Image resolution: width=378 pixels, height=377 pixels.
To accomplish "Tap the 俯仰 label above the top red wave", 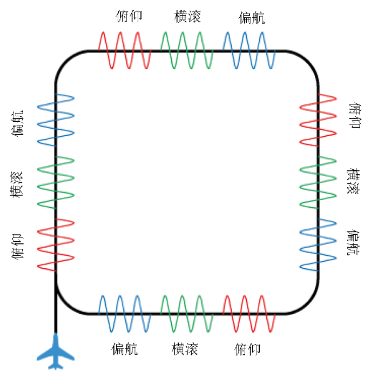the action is pyautogui.click(x=129, y=16).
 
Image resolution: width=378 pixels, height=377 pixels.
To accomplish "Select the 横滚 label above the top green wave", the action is pyautogui.click(x=187, y=16).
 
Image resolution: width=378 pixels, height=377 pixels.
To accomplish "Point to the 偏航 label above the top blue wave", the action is pyautogui.click(x=252, y=18).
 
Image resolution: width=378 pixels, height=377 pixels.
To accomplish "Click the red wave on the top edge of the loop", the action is pyautogui.click(x=125, y=50).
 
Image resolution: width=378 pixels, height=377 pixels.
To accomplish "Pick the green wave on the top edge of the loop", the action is pyautogui.click(x=187, y=50).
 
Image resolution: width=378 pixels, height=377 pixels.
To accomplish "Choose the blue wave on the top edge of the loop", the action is pyautogui.click(x=249, y=50).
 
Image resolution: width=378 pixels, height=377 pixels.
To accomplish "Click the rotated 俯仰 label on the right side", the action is pyautogui.click(x=355, y=116).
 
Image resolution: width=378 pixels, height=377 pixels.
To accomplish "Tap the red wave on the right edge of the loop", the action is pyautogui.click(x=318, y=120).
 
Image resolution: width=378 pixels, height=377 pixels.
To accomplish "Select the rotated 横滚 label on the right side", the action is pyautogui.click(x=353, y=181).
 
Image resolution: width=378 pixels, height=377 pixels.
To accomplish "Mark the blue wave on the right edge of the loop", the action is pyautogui.click(x=318, y=245).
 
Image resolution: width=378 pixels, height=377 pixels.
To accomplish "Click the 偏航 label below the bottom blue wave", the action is pyautogui.click(x=125, y=349).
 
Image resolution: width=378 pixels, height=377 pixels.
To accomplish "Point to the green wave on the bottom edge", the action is pyautogui.click(x=187, y=314).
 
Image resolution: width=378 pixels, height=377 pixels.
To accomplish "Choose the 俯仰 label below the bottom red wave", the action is pyautogui.click(x=247, y=349).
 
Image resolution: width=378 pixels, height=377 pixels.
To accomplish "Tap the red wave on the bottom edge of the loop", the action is pyautogui.click(x=249, y=314).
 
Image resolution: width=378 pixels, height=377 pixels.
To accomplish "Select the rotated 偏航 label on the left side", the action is pyautogui.click(x=18, y=124).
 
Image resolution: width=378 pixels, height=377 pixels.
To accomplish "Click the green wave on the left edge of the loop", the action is pyautogui.click(x=56, y=183).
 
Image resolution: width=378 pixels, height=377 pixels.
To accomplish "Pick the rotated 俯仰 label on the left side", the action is pyautogui.click(x=18, y=247).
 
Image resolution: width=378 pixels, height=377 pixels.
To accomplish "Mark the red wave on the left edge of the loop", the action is pyautogui.click(x=56, y=245).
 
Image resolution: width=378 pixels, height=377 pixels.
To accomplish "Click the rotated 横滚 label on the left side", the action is pyautogui.click(x=16, y=184).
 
